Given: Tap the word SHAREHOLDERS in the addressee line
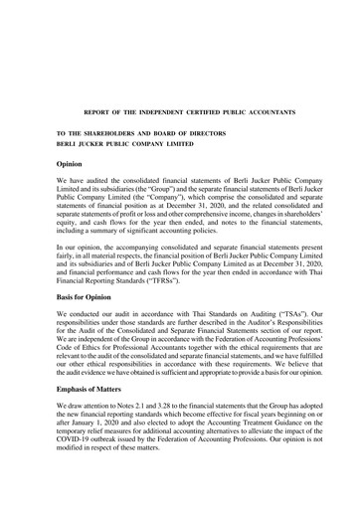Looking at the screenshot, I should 109,132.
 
